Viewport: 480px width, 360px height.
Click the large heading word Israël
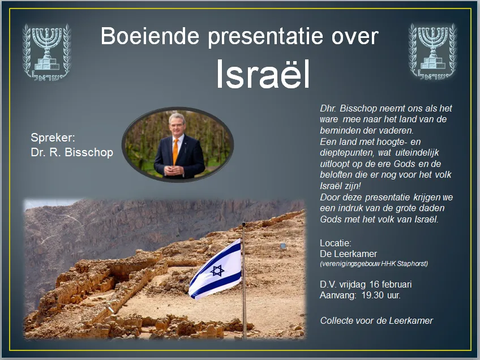click(x=263, y=75)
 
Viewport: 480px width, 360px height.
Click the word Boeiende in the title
click(x=150, y=37)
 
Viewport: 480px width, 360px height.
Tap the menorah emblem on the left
click(x=46, y=52)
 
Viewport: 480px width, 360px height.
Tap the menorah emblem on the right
click(x=433, y=52)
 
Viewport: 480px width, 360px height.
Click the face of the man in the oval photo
click(x=176, y=126)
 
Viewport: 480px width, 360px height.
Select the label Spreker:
click(x=53, y=138)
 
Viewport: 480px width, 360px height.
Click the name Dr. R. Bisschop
click(x=72, y=152)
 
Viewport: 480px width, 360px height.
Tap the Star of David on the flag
click(x=217, y=271)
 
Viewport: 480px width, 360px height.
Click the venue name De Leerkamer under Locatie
click(x=349, y=254)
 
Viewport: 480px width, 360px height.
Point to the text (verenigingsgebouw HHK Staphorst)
click(x=374, y=264)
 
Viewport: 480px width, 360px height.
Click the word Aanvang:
click(x=338, y=294)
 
